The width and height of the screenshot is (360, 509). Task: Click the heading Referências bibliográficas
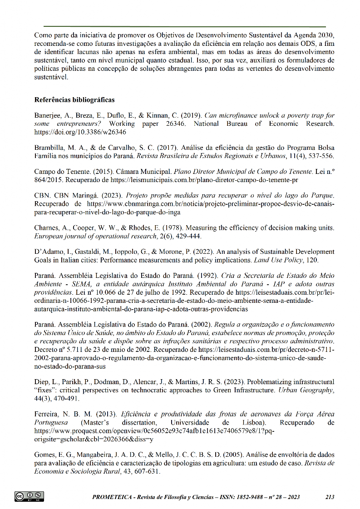coord(74,100)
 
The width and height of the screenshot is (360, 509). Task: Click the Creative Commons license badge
coord(29,496)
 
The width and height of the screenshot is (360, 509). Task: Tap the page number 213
coord(330,497)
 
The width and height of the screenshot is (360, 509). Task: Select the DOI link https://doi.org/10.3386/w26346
coord(80,133)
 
